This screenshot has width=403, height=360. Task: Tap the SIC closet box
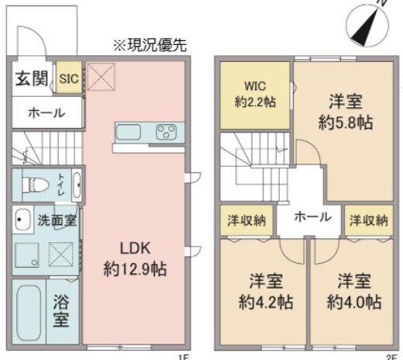[x=67, y=78]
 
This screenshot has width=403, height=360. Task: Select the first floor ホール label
[x=46, y=113]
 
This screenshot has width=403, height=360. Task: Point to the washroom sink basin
[x=21, y=220]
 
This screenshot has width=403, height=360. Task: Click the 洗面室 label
[x=57, y=220]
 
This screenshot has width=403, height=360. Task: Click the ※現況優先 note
[x=150, y=45]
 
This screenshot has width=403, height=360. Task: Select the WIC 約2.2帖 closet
[x=253, y=93]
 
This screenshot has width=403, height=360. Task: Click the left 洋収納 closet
[x=246, y=220]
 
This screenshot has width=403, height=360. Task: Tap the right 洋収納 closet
[x=367, y=220]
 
